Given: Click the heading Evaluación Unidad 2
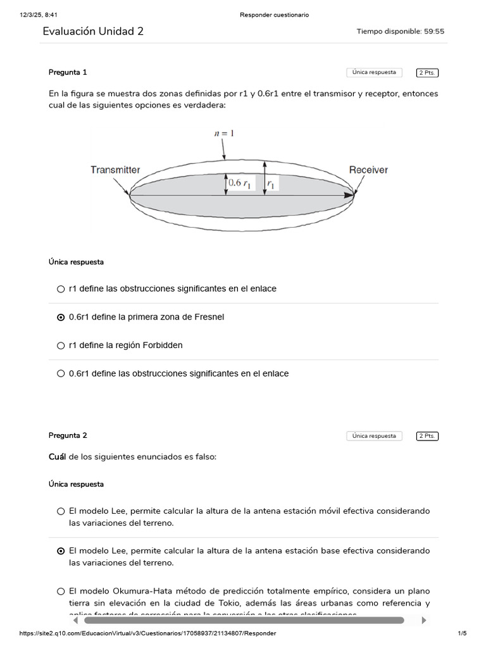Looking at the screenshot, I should tap(93, 31).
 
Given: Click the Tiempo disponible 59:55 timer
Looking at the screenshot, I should tap(400, 31).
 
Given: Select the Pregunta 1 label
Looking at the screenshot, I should tap(68, 72).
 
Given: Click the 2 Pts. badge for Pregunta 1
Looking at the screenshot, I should tap(427, 73).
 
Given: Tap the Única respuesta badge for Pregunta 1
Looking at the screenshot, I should tap(374, 73).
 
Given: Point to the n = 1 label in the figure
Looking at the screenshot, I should tap(223, 134).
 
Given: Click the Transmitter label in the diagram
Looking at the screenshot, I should tap(115, 170).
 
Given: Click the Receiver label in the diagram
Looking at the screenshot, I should tap(368, 170).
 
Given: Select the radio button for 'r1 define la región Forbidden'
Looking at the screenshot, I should tap(61, 346).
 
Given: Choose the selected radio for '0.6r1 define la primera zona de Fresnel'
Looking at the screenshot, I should tap(61, 317).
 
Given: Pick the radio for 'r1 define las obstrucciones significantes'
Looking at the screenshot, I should tap(61, 289).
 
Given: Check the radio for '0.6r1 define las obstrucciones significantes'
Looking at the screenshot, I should tap(61, 374).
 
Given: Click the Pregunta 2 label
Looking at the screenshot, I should tap(68, 435).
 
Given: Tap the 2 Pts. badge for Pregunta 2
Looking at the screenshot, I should tap(427, 436).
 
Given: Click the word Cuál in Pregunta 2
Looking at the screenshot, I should tap(58, 457).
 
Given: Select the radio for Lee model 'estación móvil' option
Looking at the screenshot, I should tap(61, 511).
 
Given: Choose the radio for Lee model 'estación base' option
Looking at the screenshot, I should tap(61, 551).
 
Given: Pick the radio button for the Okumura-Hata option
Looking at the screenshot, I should tap(61, 592).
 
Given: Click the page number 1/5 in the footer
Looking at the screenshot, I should tap(461, 633).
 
